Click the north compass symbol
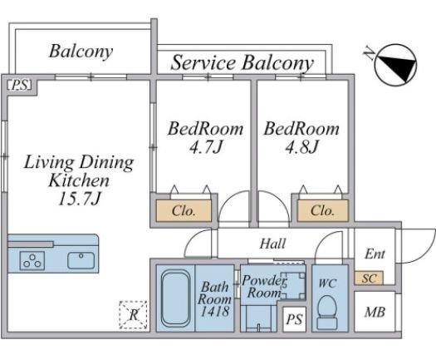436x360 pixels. pyautogui.click(x=394, y=65)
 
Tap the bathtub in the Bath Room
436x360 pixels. pyautogui.click(x=176, y=298)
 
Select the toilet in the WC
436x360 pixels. pyautogui.click(x=327, y=312)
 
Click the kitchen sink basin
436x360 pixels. pyautogui.click(x=81, y=260)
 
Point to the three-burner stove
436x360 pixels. pyautogui.click(x=32, y=260)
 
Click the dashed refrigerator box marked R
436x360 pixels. pyautogui.click(x=133, y=314)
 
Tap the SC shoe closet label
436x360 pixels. pyautogui.click(x=370, y=279)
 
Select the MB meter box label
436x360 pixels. pyautogui.click(x=375, y=312)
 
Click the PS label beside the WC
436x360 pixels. pyautogui.click(x=294, y=319)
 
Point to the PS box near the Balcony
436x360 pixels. pyautogui.click(x=19, y=85)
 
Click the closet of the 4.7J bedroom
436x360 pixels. pyautogui.click(x=184, y=211)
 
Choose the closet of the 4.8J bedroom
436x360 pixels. pyautogui.click(x=322, y=211)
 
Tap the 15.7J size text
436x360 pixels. pyautogui.click(x=79, y=199)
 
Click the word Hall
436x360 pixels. pyautogui.click(x=272, y=244)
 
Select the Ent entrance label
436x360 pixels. pyautogui.click(x=375, y=254)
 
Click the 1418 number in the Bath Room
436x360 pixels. pyautogui.click(x=214, y=311)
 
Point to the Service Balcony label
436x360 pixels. pyautogui.click(x=242, y=63)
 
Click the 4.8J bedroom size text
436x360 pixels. pyautogui.click(x=301, y=146)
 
